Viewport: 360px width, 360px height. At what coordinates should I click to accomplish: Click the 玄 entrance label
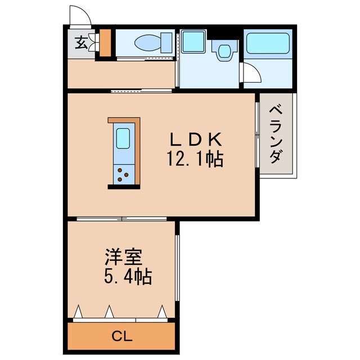coord(82,43)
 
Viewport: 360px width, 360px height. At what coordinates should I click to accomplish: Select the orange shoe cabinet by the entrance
coord(105,43)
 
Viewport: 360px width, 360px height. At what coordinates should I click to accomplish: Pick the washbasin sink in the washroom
coord(224,51)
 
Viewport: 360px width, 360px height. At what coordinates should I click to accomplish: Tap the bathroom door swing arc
coord(250,75)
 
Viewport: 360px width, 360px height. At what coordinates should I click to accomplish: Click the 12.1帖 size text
coord(195,160)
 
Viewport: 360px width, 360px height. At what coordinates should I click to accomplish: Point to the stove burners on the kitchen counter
coord(123,174)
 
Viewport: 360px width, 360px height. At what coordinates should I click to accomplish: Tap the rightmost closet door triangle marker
coord(163,311)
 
